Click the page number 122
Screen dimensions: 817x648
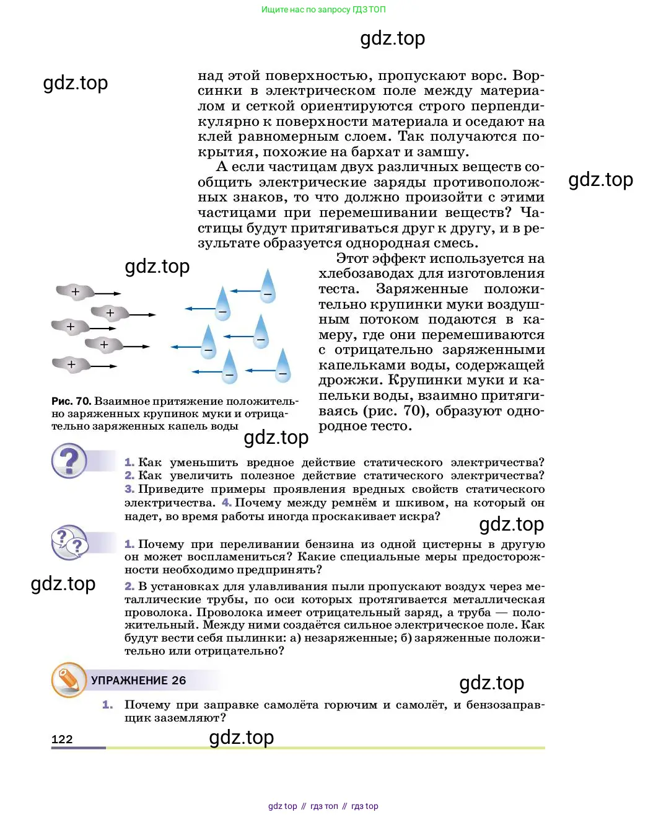(x=62, y=739)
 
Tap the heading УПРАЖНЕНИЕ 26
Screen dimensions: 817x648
(x=138, y=680)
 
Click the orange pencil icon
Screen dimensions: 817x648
(x=68, y=679)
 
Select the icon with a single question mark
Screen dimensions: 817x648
(x=69, y=461)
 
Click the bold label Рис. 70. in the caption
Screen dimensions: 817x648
(x=71, y=401)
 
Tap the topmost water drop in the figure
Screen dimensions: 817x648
(x=268, y=286)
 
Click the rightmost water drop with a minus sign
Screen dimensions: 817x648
(x=283, y=365)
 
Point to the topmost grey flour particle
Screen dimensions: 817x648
(x=75, y=291)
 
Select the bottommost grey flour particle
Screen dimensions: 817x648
(x=71, y=364)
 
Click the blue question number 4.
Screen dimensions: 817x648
(x=227, y=503)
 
